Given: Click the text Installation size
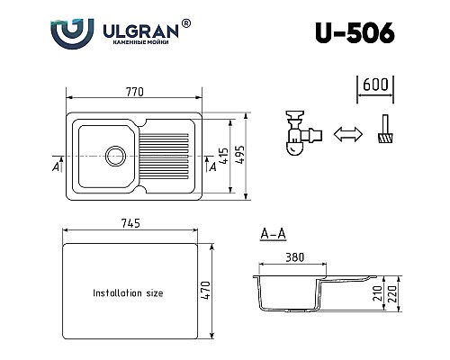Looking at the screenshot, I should point(129,292).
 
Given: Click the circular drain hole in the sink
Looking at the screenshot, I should point(113,155).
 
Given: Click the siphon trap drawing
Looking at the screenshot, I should point(301,135).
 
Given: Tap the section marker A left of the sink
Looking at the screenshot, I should point(57,166).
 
